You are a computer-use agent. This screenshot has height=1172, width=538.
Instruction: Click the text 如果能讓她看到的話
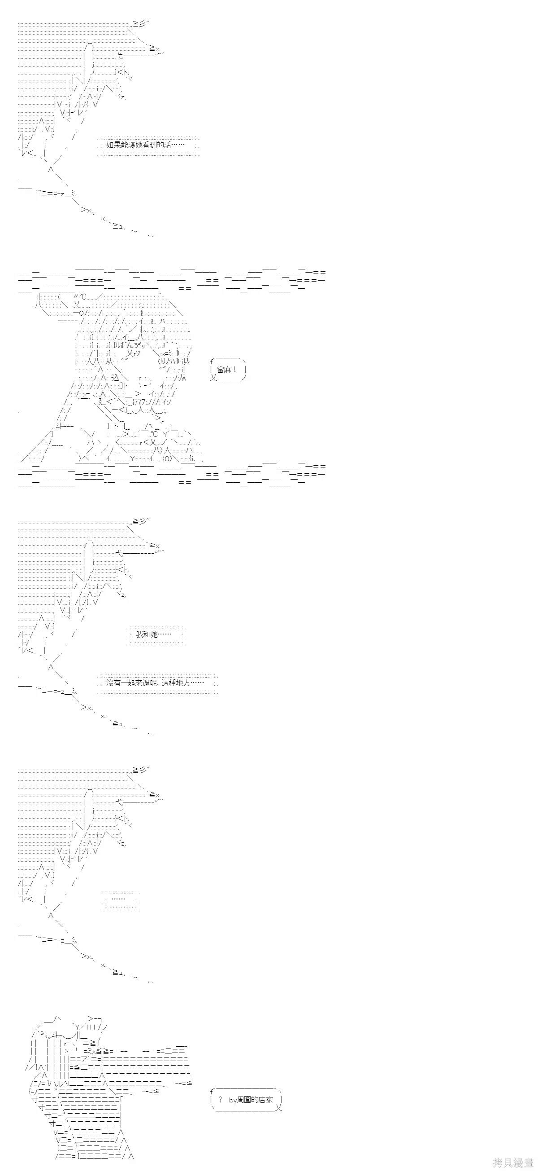click(138, 145)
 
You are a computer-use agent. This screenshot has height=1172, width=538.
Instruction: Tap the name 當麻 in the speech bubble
click(224, 370)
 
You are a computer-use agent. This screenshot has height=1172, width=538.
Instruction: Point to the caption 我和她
click(147, 634)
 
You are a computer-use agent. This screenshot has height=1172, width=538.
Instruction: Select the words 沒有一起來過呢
click(131, 683)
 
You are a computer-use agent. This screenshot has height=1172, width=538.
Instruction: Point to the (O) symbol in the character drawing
click(167, 458)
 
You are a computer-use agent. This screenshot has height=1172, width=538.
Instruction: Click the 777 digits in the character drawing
click(139, 401)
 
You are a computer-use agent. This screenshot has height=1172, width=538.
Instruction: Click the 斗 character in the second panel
click(59, 426)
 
